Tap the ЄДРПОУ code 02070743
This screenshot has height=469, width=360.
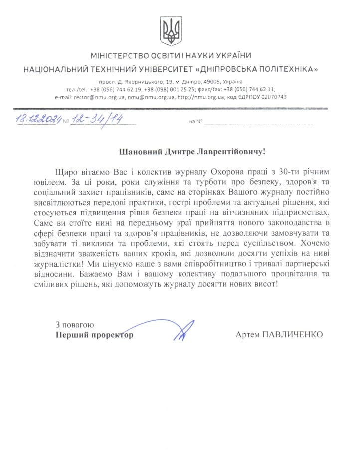(x=273, y=97)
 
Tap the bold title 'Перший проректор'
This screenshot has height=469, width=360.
(x=95, y=335)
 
